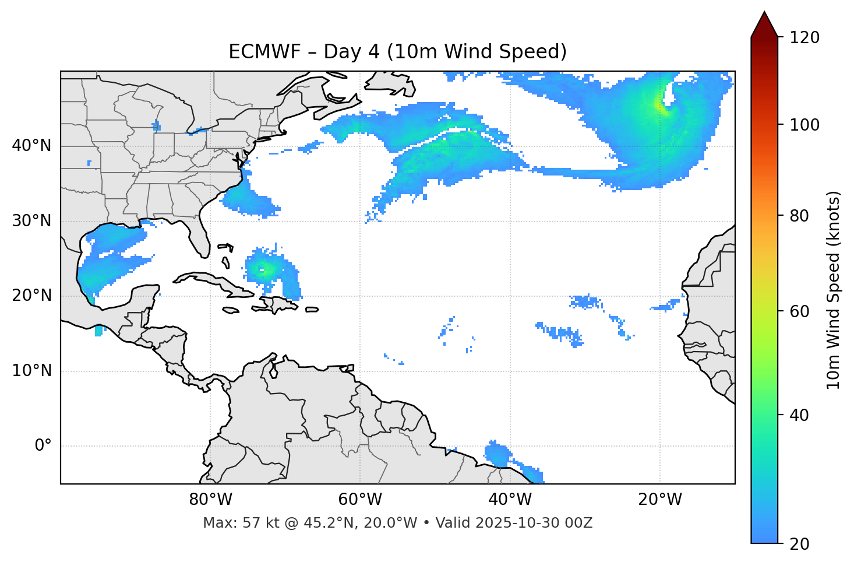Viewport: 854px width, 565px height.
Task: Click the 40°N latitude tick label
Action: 31,146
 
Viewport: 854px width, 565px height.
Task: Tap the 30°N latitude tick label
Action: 31,221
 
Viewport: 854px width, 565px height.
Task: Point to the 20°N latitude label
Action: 31,296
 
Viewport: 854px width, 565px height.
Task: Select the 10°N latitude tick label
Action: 31,371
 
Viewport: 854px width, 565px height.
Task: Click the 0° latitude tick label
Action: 43,446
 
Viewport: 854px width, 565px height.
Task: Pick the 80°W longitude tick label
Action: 210,500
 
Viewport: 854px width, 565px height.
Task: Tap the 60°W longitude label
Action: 360,500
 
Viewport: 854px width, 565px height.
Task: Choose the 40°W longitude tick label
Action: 510,500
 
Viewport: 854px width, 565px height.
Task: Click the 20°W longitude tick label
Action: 659,500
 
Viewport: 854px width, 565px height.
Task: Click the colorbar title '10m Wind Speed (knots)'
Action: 834,290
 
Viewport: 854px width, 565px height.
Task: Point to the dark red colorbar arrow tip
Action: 764,15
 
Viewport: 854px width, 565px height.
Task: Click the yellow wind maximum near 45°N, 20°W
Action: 659,105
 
